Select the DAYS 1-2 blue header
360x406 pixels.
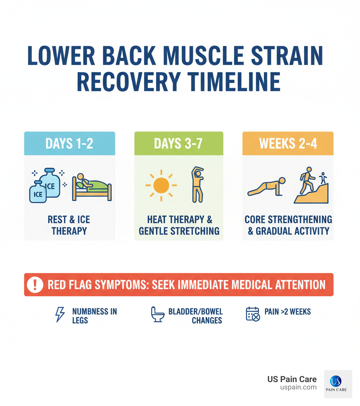[x=69, y=144]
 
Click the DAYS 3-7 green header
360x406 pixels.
[x=179, y=144]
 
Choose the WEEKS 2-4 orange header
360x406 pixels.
[x=288, y=144]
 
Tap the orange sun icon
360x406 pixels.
[x=161, y=185]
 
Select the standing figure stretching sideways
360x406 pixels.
[x=197, y=184]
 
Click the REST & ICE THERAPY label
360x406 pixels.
[x=69, y=225]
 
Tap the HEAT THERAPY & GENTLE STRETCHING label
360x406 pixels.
[x=179, y=225]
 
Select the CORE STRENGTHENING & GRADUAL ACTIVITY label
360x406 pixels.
[x=288, y=225]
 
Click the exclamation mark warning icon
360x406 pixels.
[x=35, y=285]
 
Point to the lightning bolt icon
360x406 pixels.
[x=60, y=314]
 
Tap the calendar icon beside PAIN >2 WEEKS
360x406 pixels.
[x=252, y=314]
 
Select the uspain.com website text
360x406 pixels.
[x=298, y=387]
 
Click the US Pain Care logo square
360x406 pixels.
[x=337, y=384]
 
